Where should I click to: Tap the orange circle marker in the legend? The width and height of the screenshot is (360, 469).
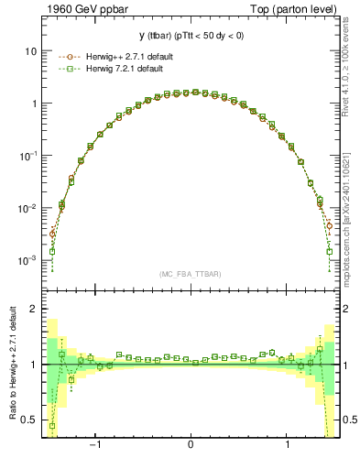[x=65, y=57]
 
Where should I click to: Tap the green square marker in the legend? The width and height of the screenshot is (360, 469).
[x=65, y=69]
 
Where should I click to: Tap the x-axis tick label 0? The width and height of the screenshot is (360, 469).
[x=191, y=445]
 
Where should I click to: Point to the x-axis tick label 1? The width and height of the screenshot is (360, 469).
[x=288, y=445]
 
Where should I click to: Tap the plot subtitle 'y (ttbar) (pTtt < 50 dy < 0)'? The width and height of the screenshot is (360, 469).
[x=190, y=38]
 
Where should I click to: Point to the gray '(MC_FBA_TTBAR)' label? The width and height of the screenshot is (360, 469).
[x=190, y=274]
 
